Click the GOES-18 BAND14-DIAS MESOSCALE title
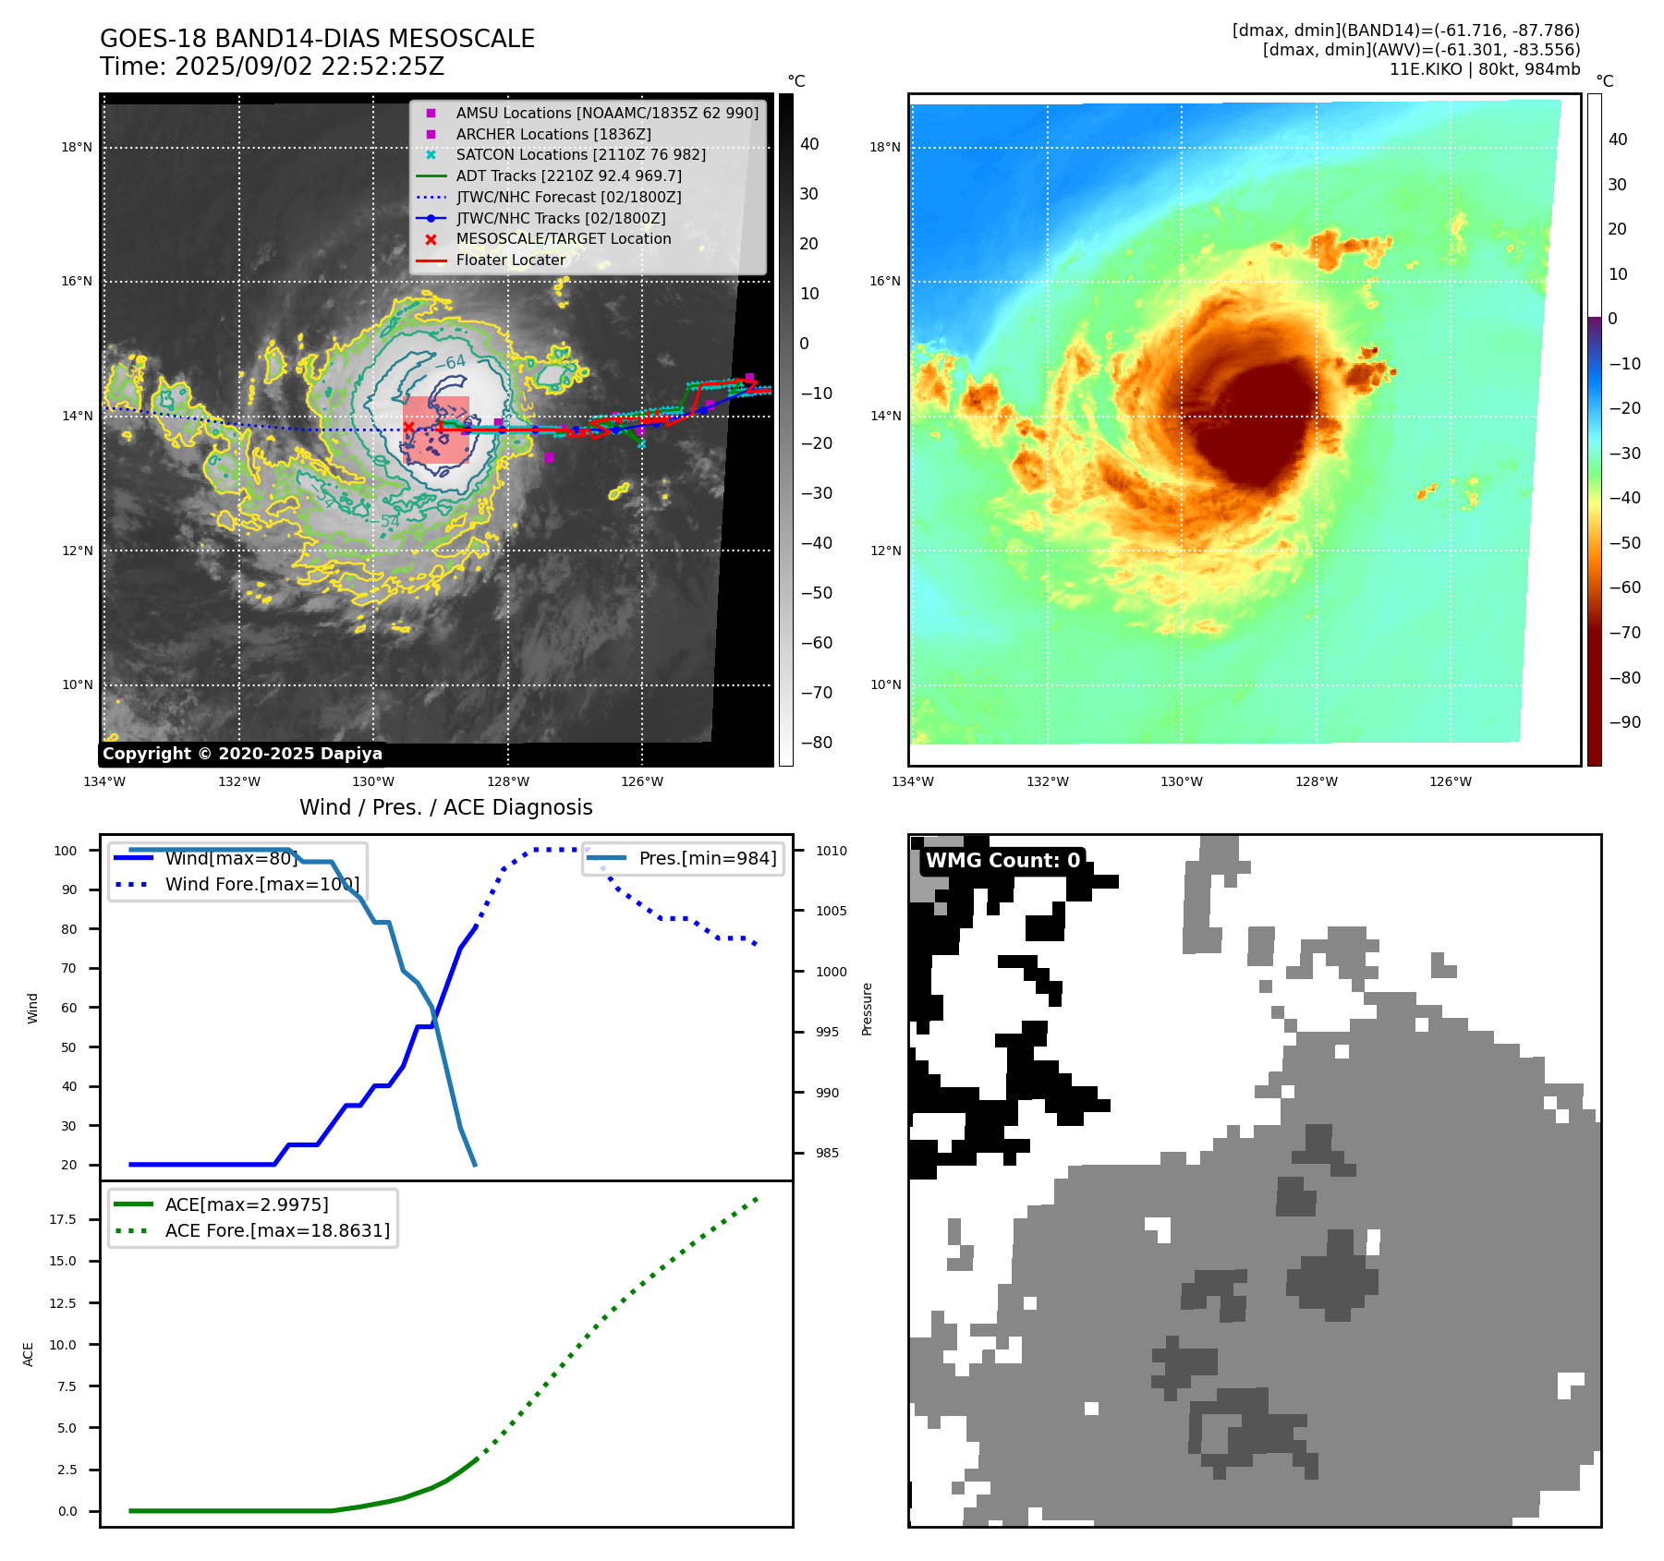click(317, 39)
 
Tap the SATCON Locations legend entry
click(580, 154)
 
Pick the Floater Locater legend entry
click(510, 260)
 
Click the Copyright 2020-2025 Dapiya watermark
click(242, 754)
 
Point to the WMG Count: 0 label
click(1002, 861)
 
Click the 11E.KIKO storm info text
click(1484, 69)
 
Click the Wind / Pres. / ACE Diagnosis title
click(445, 807)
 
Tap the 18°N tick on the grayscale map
click(77, 147)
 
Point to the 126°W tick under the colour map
click(1450, 781)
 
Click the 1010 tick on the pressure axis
click(831, 851)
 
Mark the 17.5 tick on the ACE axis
click(63, 1219)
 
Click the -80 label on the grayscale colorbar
click(816, 743)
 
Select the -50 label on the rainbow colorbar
click(1624, 543)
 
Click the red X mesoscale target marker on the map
click(408, 427)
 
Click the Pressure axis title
click(867, 1009)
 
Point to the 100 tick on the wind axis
click(66, 851)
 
